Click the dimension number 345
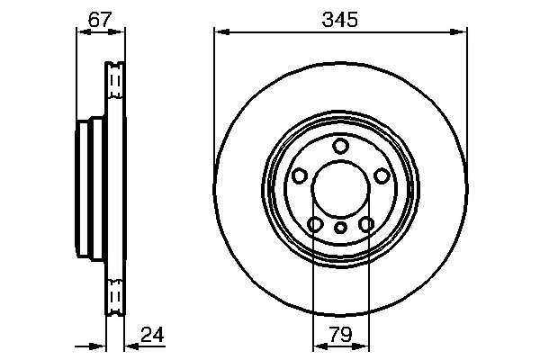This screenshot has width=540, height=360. [340, 19]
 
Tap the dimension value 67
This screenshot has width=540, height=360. [99, 19]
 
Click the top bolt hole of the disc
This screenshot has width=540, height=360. [340, 147]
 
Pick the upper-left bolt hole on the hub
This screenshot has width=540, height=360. [299, 176]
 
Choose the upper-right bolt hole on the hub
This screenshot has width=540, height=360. [382, 176]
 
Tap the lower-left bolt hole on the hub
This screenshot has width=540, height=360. [315, 225]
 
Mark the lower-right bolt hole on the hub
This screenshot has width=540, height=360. [366, 225]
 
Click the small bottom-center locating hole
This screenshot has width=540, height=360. [340, 228]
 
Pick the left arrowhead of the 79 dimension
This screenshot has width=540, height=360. [318, 346]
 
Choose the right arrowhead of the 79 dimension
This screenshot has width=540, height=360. [363, 346]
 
